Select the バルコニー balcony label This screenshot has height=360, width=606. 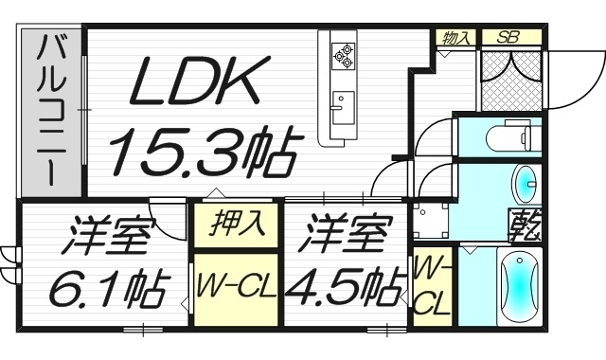coord(50,111)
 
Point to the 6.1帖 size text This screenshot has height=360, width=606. coord(105,285)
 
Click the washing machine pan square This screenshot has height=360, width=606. coord(430,221)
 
